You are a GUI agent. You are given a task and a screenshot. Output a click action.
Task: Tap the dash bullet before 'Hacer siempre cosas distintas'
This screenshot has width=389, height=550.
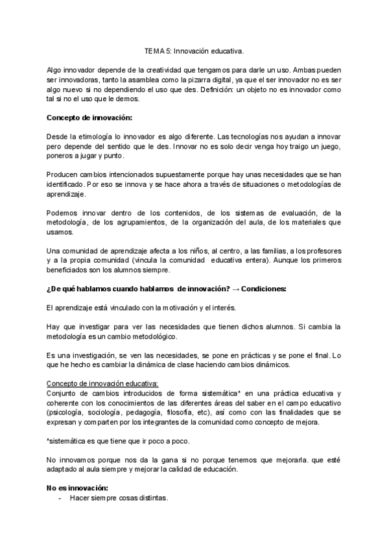60,497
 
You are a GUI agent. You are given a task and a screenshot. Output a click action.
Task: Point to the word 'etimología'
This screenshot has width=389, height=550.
94,137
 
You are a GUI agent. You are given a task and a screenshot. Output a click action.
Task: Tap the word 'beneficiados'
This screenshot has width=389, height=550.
67,269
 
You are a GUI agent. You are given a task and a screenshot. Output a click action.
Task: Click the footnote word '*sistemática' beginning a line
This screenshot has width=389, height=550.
65,441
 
